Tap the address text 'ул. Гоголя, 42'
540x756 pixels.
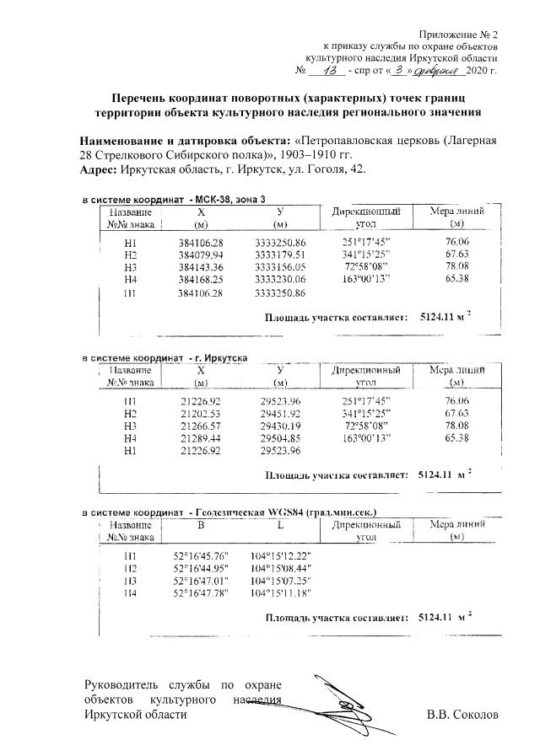(x=331, y=169)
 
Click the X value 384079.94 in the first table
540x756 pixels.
(x=201, y=254)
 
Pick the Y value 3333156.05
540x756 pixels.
(x=278, y=265)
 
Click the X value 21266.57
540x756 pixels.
(x=201, y=426)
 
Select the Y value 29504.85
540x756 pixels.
(x=278, y=438)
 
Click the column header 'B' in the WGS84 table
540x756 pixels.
(x=201, y=525)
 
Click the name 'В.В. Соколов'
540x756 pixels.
(x=463, y=716)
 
